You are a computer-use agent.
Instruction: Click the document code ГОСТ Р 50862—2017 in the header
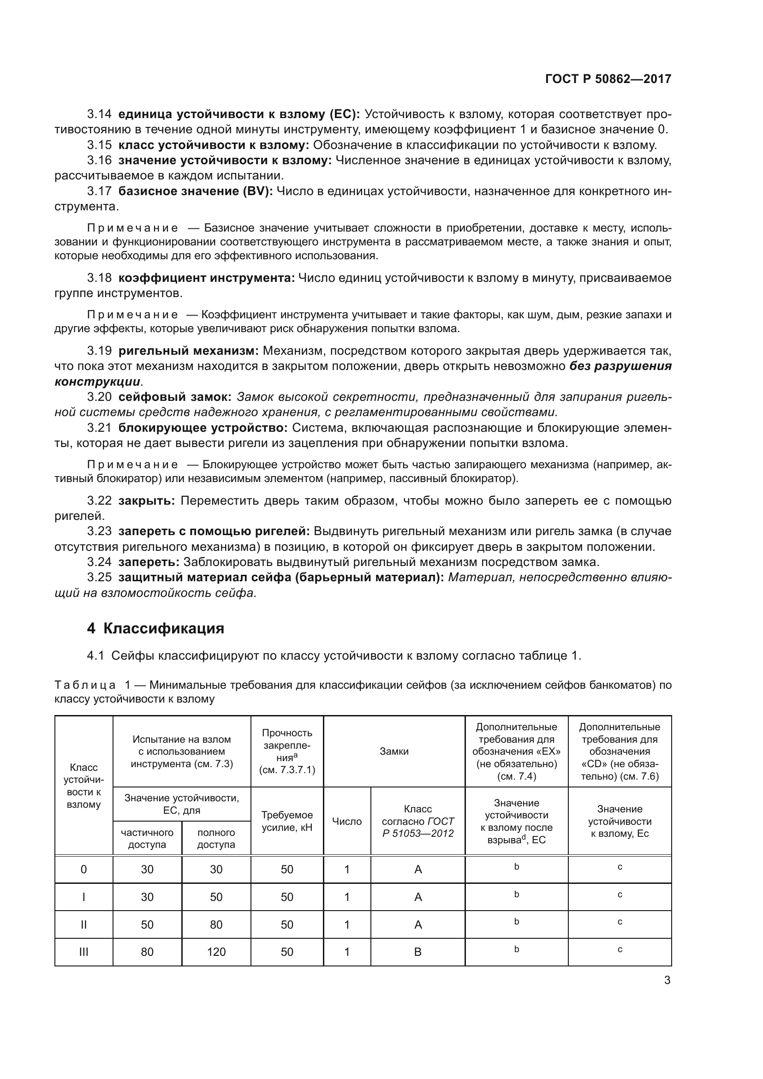608,79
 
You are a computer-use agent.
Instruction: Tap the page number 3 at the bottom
667,980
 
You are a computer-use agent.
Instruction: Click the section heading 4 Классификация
155,628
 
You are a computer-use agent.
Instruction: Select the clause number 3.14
99,114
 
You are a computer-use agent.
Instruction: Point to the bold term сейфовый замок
174,397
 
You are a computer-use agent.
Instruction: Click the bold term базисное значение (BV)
195,191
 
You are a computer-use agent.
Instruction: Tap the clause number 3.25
99,578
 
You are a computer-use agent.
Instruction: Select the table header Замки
393,751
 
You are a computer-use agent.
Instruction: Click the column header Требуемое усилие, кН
286,821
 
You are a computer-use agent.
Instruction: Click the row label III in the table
83,952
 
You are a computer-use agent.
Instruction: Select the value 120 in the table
216,952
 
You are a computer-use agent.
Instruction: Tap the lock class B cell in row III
417,952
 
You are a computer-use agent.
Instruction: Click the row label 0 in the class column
83,869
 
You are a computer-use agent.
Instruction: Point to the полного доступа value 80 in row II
216,924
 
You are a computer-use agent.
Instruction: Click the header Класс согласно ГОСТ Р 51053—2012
417,821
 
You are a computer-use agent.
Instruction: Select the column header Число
347,821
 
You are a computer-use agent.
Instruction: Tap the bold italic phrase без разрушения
620,366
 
